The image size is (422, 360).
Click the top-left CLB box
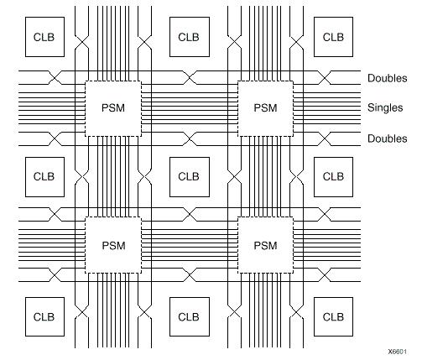[44, 37]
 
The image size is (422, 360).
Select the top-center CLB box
[190, 37]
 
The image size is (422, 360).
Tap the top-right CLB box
[333, 37]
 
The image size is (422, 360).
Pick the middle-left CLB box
[44, 177]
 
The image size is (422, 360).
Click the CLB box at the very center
[190, 177]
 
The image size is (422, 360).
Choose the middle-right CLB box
[333, 177]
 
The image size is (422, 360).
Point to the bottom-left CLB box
[44, 316]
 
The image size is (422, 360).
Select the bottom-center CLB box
[190, 316]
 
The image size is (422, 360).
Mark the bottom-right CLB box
[333, 316]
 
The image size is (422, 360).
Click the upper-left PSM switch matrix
[113, 108]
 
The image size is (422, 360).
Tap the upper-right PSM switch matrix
[265, 108]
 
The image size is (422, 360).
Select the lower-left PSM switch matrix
[113, 245]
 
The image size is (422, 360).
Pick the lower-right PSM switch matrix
[265, 245]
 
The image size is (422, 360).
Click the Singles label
[385, 107]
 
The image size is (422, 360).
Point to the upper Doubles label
[388, 78]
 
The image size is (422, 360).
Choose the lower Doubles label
[388, 138]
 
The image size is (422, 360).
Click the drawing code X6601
[398, 352]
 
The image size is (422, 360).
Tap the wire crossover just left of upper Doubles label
[325, 77]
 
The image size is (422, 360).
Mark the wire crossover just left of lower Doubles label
[325, 138]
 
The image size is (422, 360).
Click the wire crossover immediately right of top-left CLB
[81, 43]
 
